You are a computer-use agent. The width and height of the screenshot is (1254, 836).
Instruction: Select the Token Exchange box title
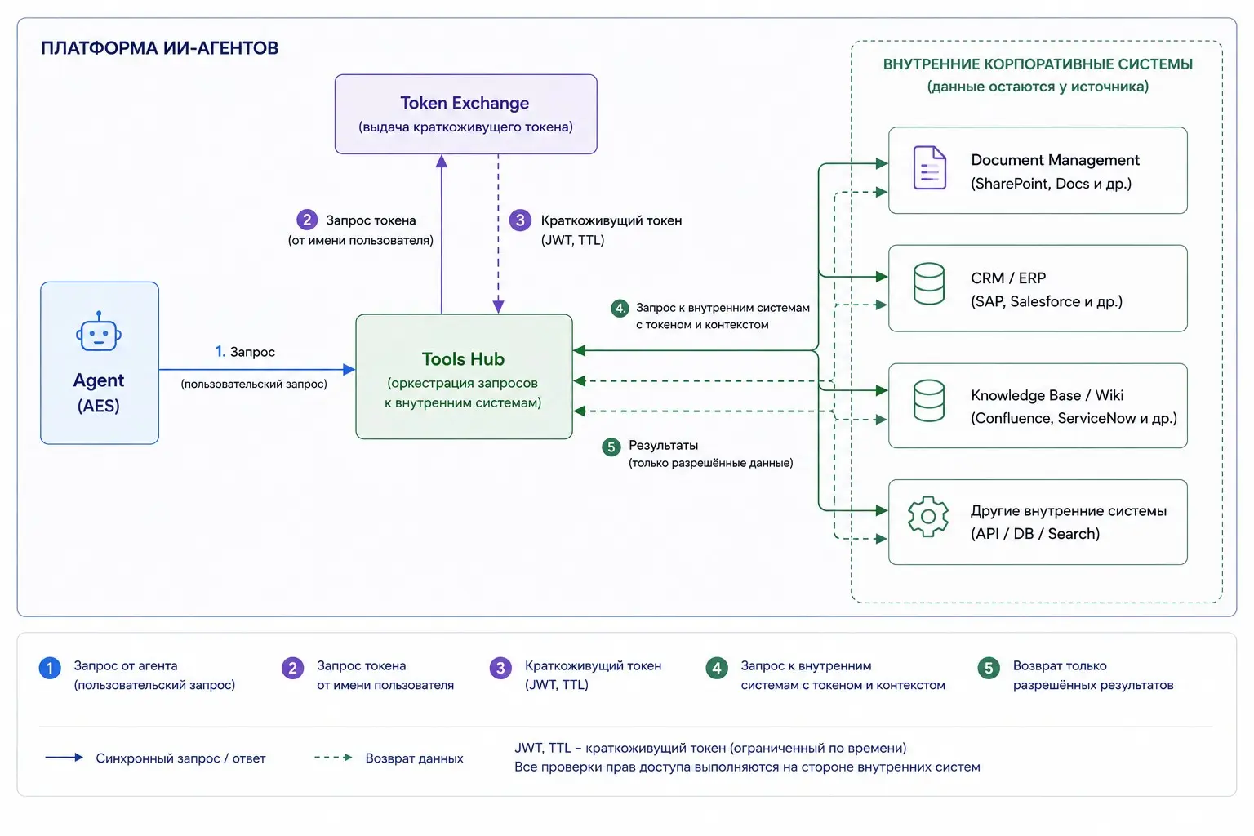465,103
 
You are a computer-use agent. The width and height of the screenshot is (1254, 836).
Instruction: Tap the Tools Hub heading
463,359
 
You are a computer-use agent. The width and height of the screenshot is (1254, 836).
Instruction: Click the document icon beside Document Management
929,167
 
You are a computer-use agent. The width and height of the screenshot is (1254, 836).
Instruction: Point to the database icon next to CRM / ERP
929,284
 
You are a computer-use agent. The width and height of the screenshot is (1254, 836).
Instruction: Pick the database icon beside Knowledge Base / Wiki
929,400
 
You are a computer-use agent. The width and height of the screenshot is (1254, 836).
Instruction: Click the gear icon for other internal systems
927,516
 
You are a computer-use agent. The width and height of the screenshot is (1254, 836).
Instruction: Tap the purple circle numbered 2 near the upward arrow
307,220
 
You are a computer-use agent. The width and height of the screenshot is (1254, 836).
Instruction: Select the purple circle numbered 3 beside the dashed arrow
520,220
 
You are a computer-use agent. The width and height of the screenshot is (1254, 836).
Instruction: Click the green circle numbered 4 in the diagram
620,308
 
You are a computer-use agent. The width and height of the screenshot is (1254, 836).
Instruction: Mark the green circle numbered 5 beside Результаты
611,447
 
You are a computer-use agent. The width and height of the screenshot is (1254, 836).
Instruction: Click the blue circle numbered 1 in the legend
50,668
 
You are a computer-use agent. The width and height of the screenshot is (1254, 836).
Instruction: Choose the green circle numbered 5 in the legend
989,668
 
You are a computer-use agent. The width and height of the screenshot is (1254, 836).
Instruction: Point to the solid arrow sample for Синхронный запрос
64,758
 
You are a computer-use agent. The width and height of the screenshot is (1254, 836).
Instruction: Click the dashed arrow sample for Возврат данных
334,758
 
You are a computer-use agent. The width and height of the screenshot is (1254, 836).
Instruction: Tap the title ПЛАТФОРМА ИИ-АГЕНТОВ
159,48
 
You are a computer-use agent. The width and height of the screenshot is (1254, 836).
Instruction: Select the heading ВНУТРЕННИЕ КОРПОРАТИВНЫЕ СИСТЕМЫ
1038,64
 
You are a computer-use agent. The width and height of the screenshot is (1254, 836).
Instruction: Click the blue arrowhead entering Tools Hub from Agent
349,370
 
